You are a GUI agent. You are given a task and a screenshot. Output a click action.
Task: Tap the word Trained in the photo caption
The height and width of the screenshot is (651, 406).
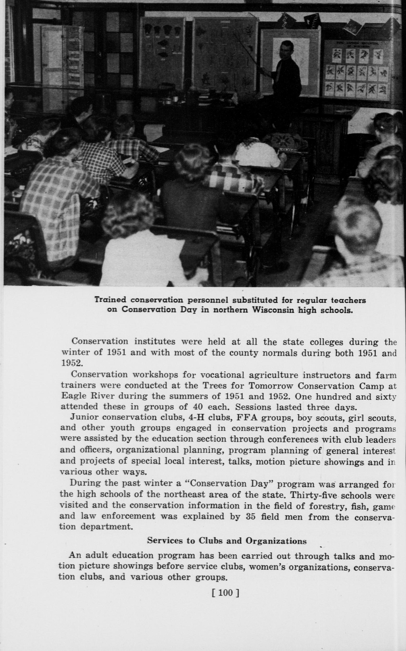click(111, 300)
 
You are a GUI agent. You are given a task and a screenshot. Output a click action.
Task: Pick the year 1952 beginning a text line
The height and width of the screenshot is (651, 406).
click(71, 363)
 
